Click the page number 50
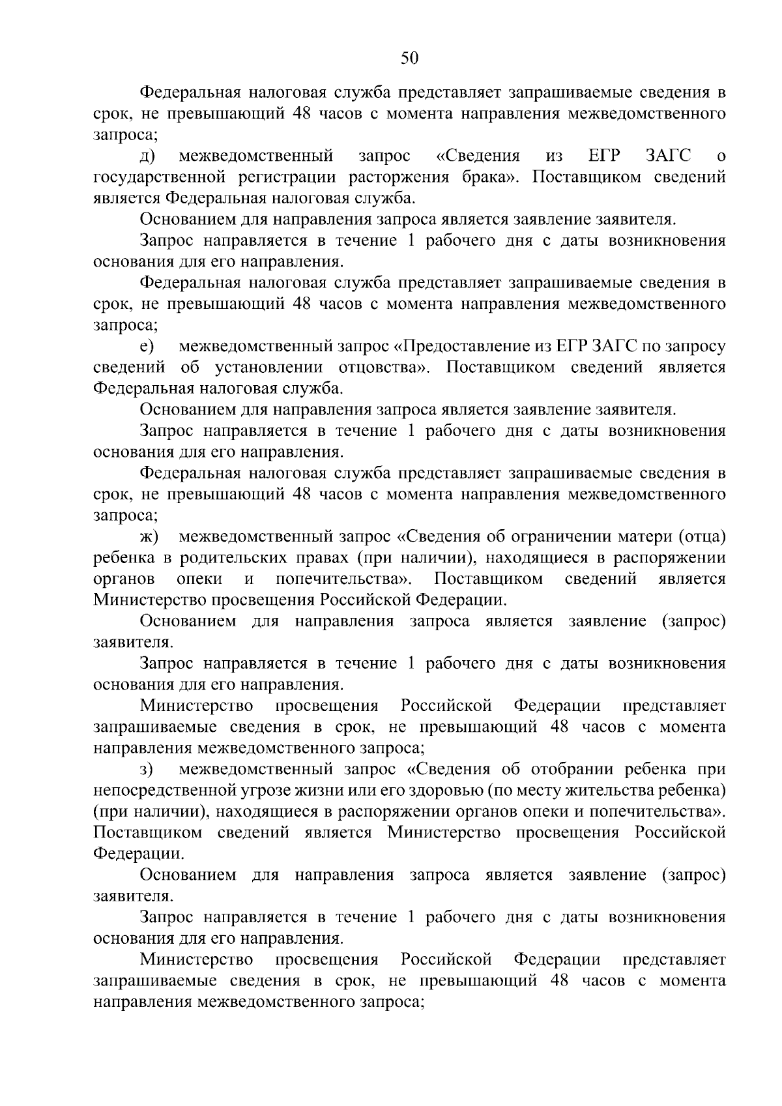pyautogui.click(x=409, y=58)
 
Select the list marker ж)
pyautogui.click(x=149, y=537)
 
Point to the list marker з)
pyautogui.click(x=146, y=770)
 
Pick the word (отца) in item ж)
pyautogui.click(x=702, y=537)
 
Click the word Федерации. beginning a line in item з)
pyautogui.click(x=138, y=854)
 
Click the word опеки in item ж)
pyautogui.click(x=199, y=579)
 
